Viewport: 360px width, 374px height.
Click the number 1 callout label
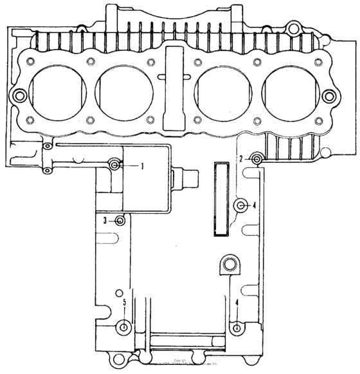coord(142,165)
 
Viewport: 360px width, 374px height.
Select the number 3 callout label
coord(105,221)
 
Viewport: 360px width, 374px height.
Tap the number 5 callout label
coord(125,302)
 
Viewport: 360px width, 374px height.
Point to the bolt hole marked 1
coord(115,165)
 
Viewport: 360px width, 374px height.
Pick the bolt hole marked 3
coord(120,221)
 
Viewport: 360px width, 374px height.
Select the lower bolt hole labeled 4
coord(238,328)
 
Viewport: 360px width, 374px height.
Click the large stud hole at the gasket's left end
coord(20,96)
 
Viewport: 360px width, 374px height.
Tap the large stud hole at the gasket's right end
coord(330,96)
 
